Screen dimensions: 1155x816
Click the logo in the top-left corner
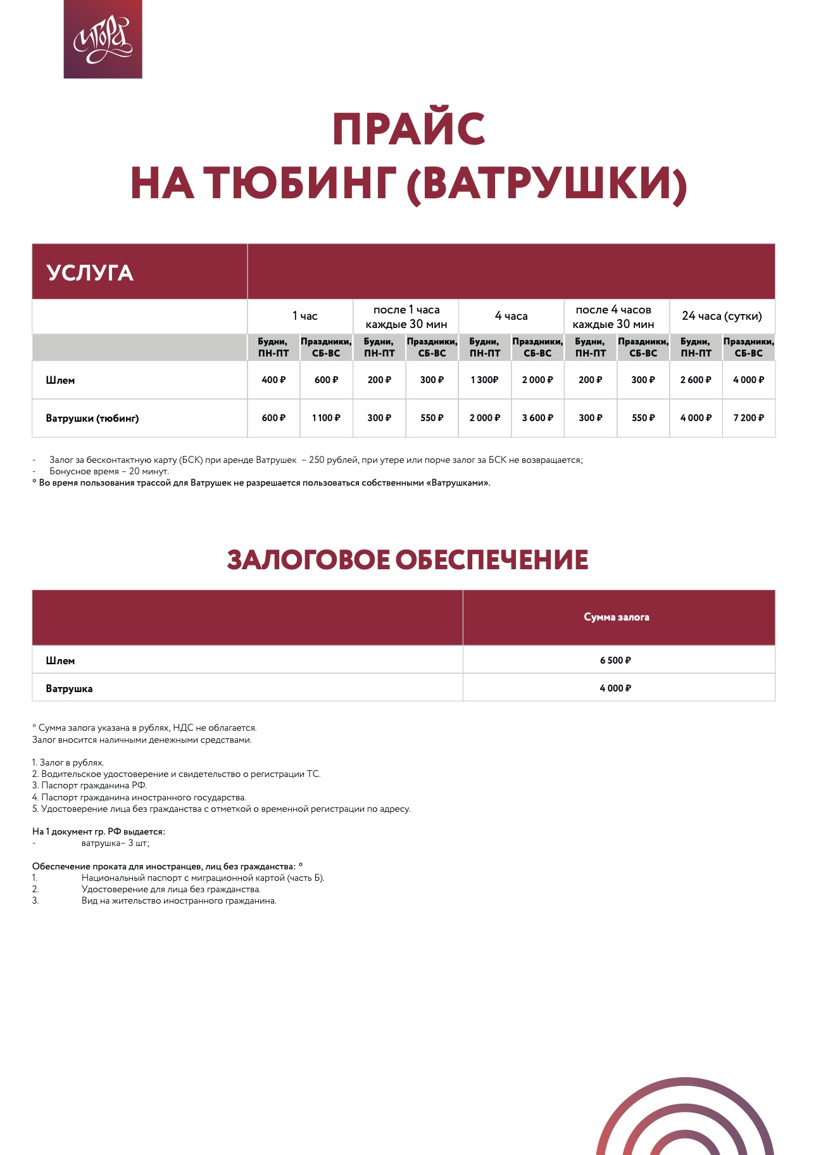point(103,39)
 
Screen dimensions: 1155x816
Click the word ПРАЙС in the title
point(408,129)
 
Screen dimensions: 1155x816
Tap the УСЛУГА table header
point(90,273)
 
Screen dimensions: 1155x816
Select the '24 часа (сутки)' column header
point(722,316)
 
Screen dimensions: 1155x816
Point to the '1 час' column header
point(304,316)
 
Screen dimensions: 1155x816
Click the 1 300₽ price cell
point(484,380)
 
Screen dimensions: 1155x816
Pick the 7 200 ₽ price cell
point(748,418)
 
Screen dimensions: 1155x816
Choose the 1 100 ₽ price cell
point(326,418)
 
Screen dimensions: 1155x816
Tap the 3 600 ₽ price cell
point(537,418)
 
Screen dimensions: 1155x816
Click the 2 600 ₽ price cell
point(695,380)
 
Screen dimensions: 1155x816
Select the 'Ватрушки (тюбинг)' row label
point(92,418)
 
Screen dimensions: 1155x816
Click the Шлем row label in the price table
point(60,380)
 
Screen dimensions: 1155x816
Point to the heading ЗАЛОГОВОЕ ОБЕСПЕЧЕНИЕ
point(408,560)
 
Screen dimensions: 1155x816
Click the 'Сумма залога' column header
point(617,617)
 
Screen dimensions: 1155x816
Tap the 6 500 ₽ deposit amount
point(615,660)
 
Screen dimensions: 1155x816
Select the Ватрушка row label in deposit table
point(69,688)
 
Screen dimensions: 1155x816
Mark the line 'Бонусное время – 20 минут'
point(109,471)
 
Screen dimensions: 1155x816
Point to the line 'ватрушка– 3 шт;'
point(115,843)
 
